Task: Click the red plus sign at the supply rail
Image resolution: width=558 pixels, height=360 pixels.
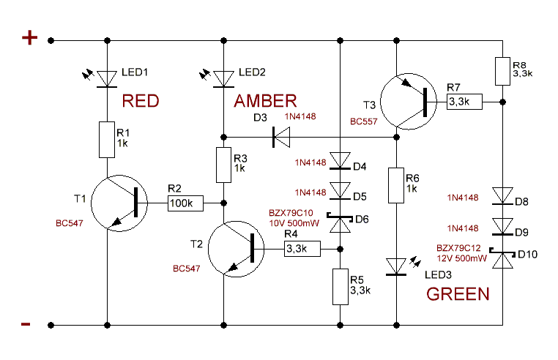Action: click(29, 38)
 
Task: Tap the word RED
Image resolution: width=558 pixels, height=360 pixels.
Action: click(140, 101)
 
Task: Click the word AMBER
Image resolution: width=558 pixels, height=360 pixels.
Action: click(265, 101)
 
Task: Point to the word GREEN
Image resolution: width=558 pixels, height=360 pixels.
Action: click(458, 295)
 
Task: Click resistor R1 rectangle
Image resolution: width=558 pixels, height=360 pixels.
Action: click(108, 139)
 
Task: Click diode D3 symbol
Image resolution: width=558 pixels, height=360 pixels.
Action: click(280, 135)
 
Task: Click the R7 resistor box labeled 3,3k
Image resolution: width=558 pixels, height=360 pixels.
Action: click(464, 102)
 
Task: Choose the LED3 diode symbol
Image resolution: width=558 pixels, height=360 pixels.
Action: click(396, 267)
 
